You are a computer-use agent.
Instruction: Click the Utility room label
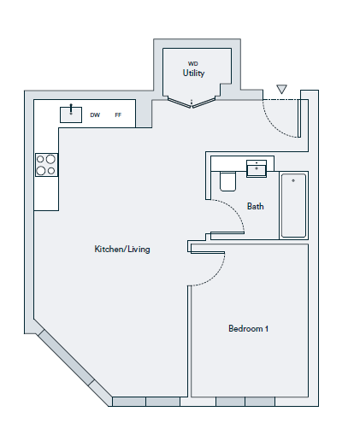pyautogui.click(x=193, y=73)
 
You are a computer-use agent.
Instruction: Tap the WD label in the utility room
pyautogui.click(x=193, y=63)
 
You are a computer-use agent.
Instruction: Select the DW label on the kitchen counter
pyautogui.click(x=95, y=115)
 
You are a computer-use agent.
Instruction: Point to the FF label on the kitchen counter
pyautogui.click(x=118, y=115)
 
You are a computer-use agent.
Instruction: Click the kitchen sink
pyautogui.click(x=71, y=115)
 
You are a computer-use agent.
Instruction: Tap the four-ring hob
pyautogui.click(x=46, y=165)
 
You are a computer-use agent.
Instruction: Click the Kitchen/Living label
pyautogui.click(x=122, y=249)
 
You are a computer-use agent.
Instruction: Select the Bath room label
pyautogui.click(x=256, y=206)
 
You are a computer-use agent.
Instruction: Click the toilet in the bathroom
pyautogui.click(x=227, y=181)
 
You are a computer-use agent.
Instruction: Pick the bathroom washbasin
pyautogui.click(x=257, y=168)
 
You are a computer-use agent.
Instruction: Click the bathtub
pyautogui.click(x=293, y=205)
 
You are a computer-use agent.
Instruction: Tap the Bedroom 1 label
pyautogui.click(x=248, y=328)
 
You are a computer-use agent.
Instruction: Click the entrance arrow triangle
pyautogui.click(x=281, y=89)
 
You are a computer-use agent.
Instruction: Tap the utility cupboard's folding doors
pyautogui.click(x=192, y=103)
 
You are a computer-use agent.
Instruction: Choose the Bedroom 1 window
pyautogui.click(x=245, y=402)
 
